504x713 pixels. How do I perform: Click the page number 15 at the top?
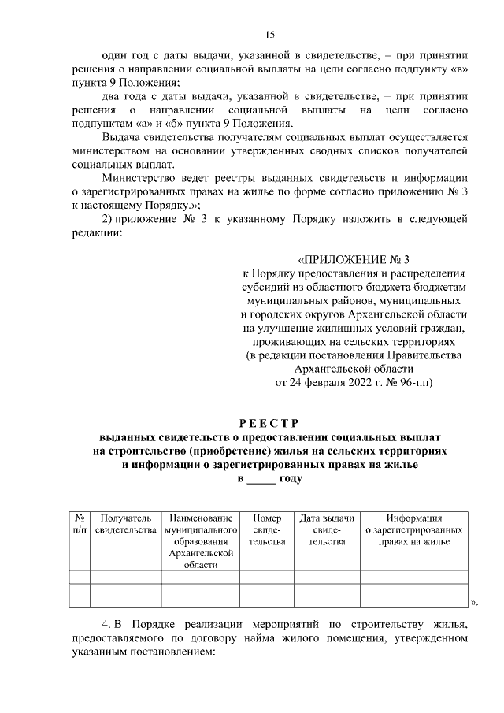269,34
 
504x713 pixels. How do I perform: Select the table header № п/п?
80,525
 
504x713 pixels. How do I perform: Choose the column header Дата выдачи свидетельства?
327,530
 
